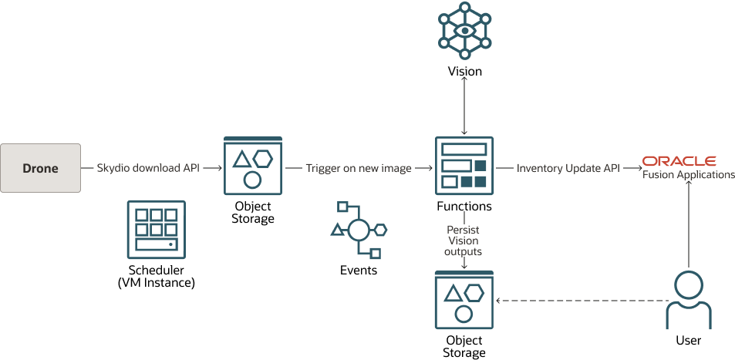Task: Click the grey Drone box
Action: pyautogui.click(x=41, y=167)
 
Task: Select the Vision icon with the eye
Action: pyautogui.click(x=464, y=30)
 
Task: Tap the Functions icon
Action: pyautogui.click(x=464, y=167)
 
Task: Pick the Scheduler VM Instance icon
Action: pyautogui.click(x=157, y=230)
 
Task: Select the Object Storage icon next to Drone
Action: pyautogui.click(x=252, y=167)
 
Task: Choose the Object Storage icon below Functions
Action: pyautogui.click(x=464, y=301)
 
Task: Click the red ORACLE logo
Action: pyautogui.click(x=679, y=161)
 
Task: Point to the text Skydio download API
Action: pyautogui.click(x=147, y=167)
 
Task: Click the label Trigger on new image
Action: pyautogui.click(x=358, y=167)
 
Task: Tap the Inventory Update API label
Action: pyautogui.click(x=568, y=167)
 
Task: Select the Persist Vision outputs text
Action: pyautogui.click(x=464, y=241)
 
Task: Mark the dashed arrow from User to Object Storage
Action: pyautogui.click(x=578, y=300)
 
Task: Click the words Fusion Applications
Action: pyautogui.click(x=688, y=175)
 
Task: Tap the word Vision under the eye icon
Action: pyautogui.click(x=464, y=72)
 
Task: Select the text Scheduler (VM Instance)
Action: pyautogui.click(x=157, y=276)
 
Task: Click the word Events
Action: pyautogui.click(x=358, y=270)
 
